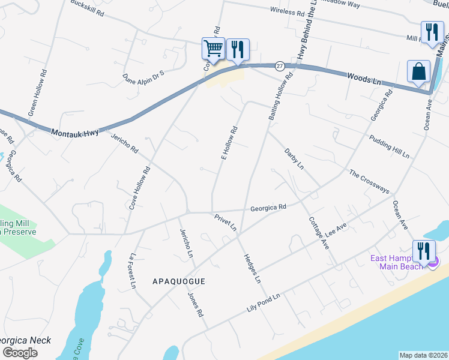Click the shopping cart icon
213,49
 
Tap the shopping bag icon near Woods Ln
418,71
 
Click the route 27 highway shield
280,65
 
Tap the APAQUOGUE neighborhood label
179,281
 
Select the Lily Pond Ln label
264,303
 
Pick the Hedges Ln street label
252,268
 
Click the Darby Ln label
294,158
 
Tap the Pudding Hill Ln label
389,146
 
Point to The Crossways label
369,181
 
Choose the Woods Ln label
364,79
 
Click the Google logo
20,352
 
